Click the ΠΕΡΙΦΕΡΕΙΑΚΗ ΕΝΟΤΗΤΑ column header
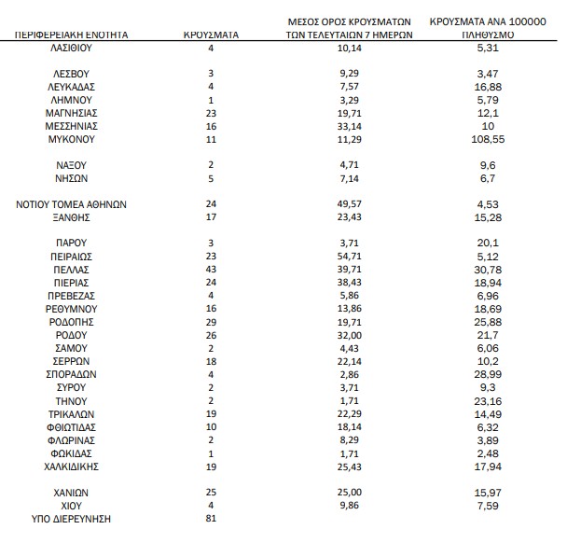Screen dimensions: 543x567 (72, 34)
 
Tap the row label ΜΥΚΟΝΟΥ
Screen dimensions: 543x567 (72, 138)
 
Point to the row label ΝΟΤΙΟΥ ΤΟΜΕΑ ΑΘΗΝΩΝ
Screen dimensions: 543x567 (72, 203)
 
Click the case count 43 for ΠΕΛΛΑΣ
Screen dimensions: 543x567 (212, 268)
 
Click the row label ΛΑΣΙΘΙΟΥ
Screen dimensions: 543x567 (72, 46)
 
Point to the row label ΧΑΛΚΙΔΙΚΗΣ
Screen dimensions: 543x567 (72, 465)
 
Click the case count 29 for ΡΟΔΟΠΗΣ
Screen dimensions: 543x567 (212, 321)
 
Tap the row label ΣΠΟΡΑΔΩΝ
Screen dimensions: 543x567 (72, 373)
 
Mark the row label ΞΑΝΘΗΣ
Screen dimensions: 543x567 (72, 216)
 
